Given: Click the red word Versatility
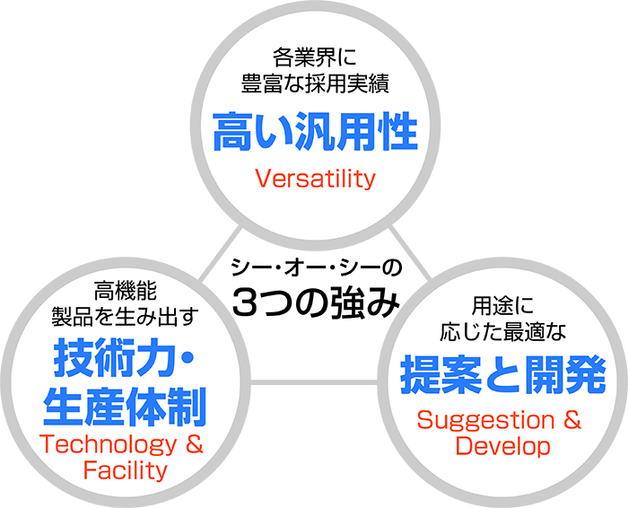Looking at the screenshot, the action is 315,179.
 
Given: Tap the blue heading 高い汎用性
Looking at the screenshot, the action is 315,131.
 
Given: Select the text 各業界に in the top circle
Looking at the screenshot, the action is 314,57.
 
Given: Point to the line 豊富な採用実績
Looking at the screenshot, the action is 315,83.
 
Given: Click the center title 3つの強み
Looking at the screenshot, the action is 316,302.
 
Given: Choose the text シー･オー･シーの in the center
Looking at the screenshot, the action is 316,267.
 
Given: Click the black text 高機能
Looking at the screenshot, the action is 126,291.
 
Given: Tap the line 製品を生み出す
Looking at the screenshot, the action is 126,317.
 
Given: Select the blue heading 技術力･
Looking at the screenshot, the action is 124,357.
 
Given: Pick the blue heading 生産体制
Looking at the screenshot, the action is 125,407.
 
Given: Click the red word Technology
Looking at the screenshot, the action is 109,445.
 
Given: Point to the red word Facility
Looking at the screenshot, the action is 126,470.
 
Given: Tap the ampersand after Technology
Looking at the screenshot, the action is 195,444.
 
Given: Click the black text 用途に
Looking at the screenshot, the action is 502,305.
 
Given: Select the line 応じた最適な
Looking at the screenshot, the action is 502,332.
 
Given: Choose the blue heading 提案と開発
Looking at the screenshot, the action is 502,375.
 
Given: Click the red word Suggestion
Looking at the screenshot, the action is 486,421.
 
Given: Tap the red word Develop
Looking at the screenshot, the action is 502,446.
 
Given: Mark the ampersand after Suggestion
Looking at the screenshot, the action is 572,420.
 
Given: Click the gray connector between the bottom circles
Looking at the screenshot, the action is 314,382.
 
